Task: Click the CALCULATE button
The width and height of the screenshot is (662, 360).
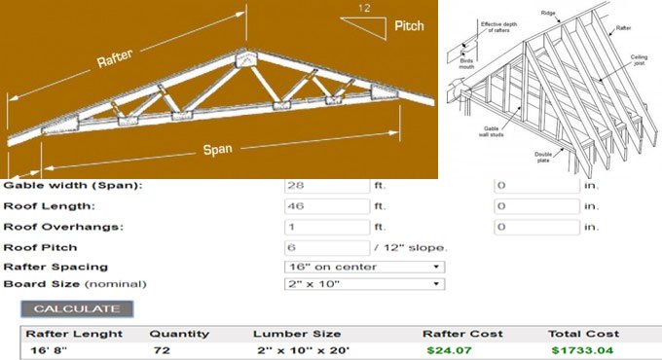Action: tap(77, 309)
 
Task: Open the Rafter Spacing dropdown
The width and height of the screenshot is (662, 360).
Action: tap(365, 267)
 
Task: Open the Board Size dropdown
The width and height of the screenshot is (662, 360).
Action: tap(365, 284)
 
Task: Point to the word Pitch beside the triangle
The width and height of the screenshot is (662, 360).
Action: tap(409, 26)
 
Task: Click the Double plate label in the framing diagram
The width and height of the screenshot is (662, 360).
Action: tap(544, 155)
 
